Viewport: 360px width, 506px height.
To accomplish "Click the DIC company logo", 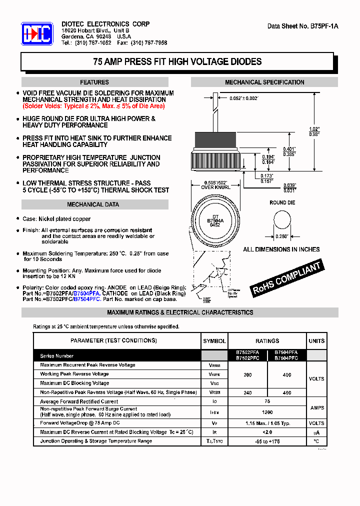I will (37, 34).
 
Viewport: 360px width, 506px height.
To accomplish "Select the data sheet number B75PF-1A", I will (302, 26).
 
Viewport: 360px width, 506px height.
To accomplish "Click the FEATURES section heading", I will (94, 82).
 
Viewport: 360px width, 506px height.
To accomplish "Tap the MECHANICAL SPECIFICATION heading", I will (264, 82).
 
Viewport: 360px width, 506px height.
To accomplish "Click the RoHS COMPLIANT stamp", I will (286, 278).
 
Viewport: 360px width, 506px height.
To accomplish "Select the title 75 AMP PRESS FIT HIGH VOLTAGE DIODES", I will (177, 62).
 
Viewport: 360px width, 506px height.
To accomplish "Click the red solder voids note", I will (93, 106).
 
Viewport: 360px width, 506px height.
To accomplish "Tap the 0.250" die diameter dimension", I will (282, 236).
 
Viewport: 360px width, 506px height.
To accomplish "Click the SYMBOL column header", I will (214, 341).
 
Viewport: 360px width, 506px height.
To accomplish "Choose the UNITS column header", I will (316, 341).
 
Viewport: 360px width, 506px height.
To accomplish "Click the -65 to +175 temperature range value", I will (267, 441).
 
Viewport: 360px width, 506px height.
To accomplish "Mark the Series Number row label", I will (57, 356).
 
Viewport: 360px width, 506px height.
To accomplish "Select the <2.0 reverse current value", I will (267, 432).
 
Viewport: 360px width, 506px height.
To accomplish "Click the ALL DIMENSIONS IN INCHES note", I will (281, 249).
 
